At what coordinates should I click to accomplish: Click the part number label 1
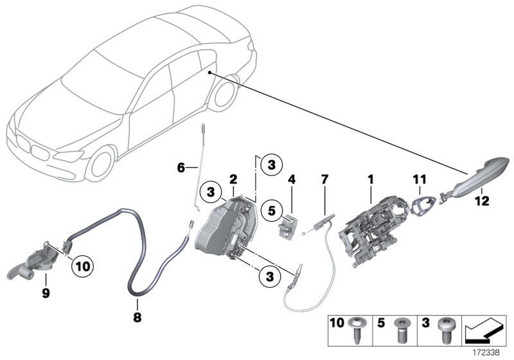[370, 174]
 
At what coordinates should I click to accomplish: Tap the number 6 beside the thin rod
[181, 168]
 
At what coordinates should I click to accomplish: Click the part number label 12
[481, 201]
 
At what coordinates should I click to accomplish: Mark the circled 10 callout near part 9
[84, 263]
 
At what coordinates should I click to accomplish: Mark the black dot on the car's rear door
[210, 74]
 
